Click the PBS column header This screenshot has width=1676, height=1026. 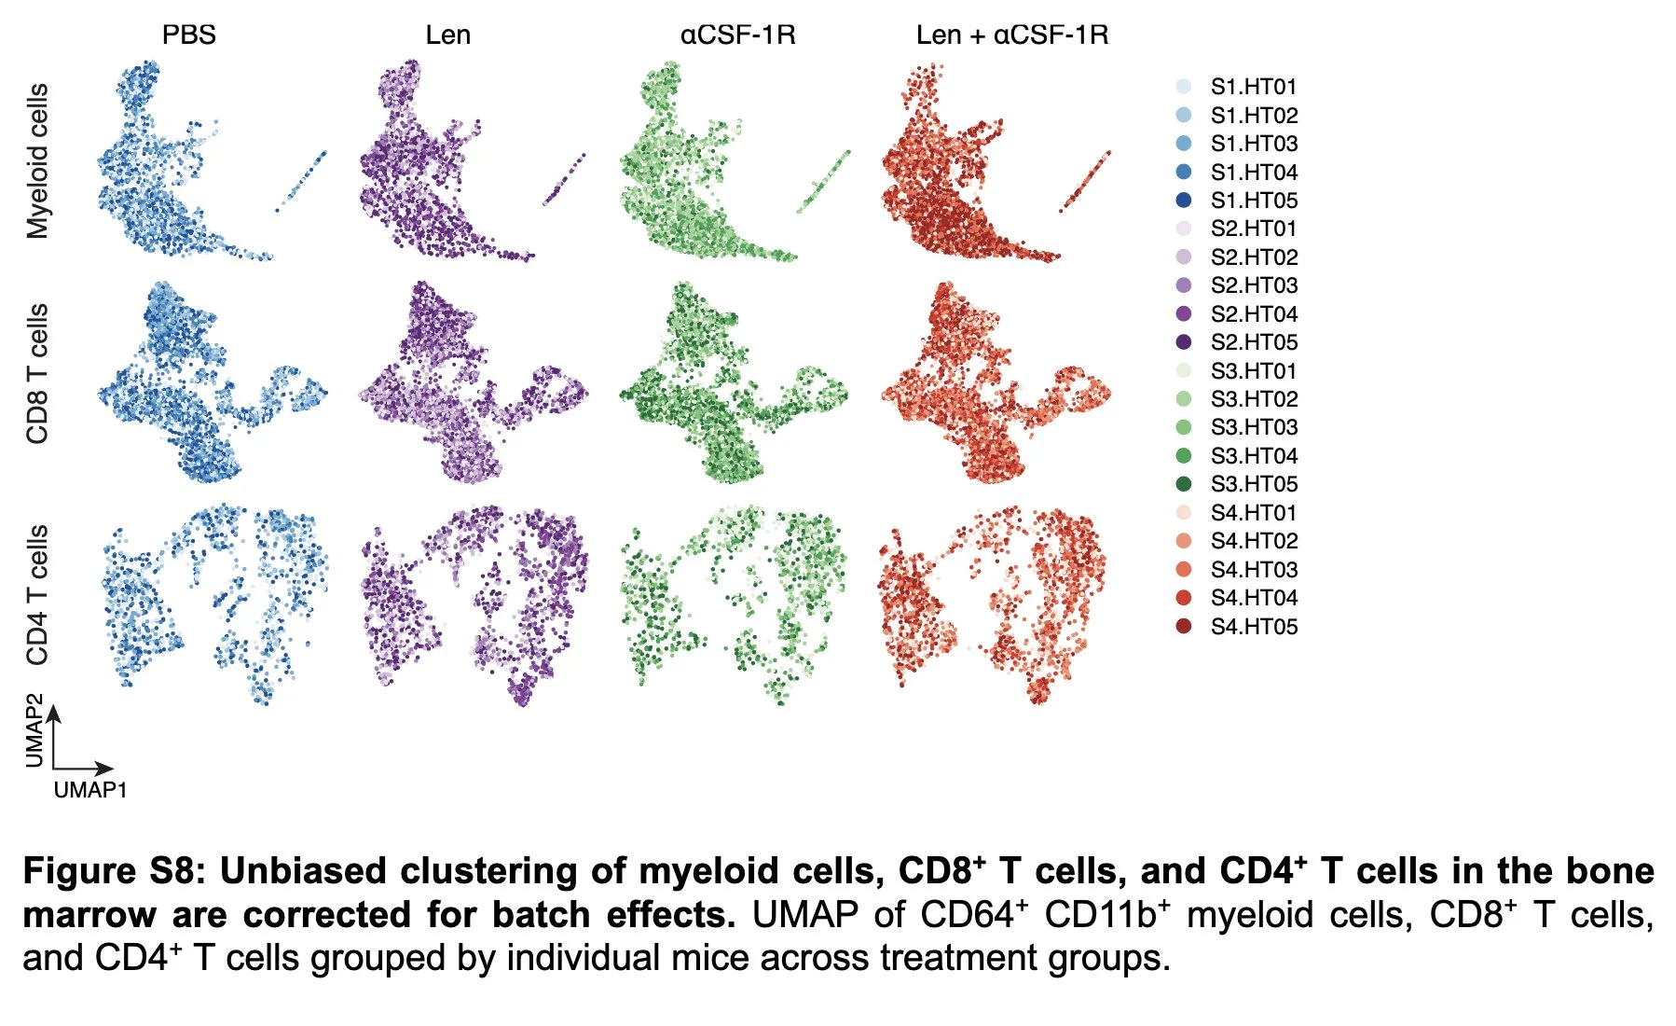pyautogui.click(x=189, y=35)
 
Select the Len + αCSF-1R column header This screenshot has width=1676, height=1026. pyautogui.click(x=1012, y=35)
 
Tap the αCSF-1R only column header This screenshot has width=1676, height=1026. pyautogui.click(x=737, y=35)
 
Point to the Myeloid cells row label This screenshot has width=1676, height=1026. pyautogui.click(x=37, y=161)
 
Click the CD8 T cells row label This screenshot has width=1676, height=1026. pyautogui.click(x=37, y=373)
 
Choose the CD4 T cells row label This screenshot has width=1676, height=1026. pyautogui.click(x=37, y=595)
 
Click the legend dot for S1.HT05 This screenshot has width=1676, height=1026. pyautogui.click(x=1184, y=201)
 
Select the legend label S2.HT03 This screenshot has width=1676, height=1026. pyautogui.click(x=1254, y=285)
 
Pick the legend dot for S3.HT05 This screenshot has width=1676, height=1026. pyautogui.click(x=1184, y=484)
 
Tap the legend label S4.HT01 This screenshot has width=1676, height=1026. pyautogui.click(x=1254, y=513)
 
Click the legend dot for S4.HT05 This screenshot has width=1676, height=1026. pyautogui.click(x=1184, y=626)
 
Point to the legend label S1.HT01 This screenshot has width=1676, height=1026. pyautogui.click(x=1254, y=87)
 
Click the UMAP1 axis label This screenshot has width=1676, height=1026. pyautogui.click(x=90, y=790)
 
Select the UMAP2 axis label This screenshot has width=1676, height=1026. pyautogui.click(x=34, y=730)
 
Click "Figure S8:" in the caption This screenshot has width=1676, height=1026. pyautogui.click(x=112, y=871)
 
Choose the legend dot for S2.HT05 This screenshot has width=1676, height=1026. pyautogui.click(x=1184, y=342)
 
